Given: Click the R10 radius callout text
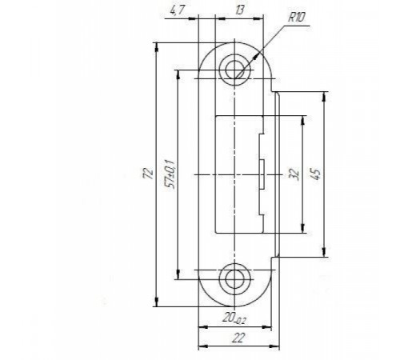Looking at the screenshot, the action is pyautogui.click(x=296, y=18).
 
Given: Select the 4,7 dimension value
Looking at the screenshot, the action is pyautogui.click(x=177, y=11).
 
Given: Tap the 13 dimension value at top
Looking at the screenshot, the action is pyautogui.click(x=239, y=10).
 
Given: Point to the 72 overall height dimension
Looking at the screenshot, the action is pyautogui.click(x=148, y=174).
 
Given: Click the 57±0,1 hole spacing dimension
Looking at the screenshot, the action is pyautogui.click(x=170, y=174).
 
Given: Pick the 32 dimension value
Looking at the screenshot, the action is pyautogui.click(x=294, y=174).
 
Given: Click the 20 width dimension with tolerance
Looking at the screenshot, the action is pyautogui.click(x=234, y=318).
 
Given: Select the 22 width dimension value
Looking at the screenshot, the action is pyautogui.click(x=238, y=338).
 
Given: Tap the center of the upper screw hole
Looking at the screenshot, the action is pyautogui.click(x=234, y=70).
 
